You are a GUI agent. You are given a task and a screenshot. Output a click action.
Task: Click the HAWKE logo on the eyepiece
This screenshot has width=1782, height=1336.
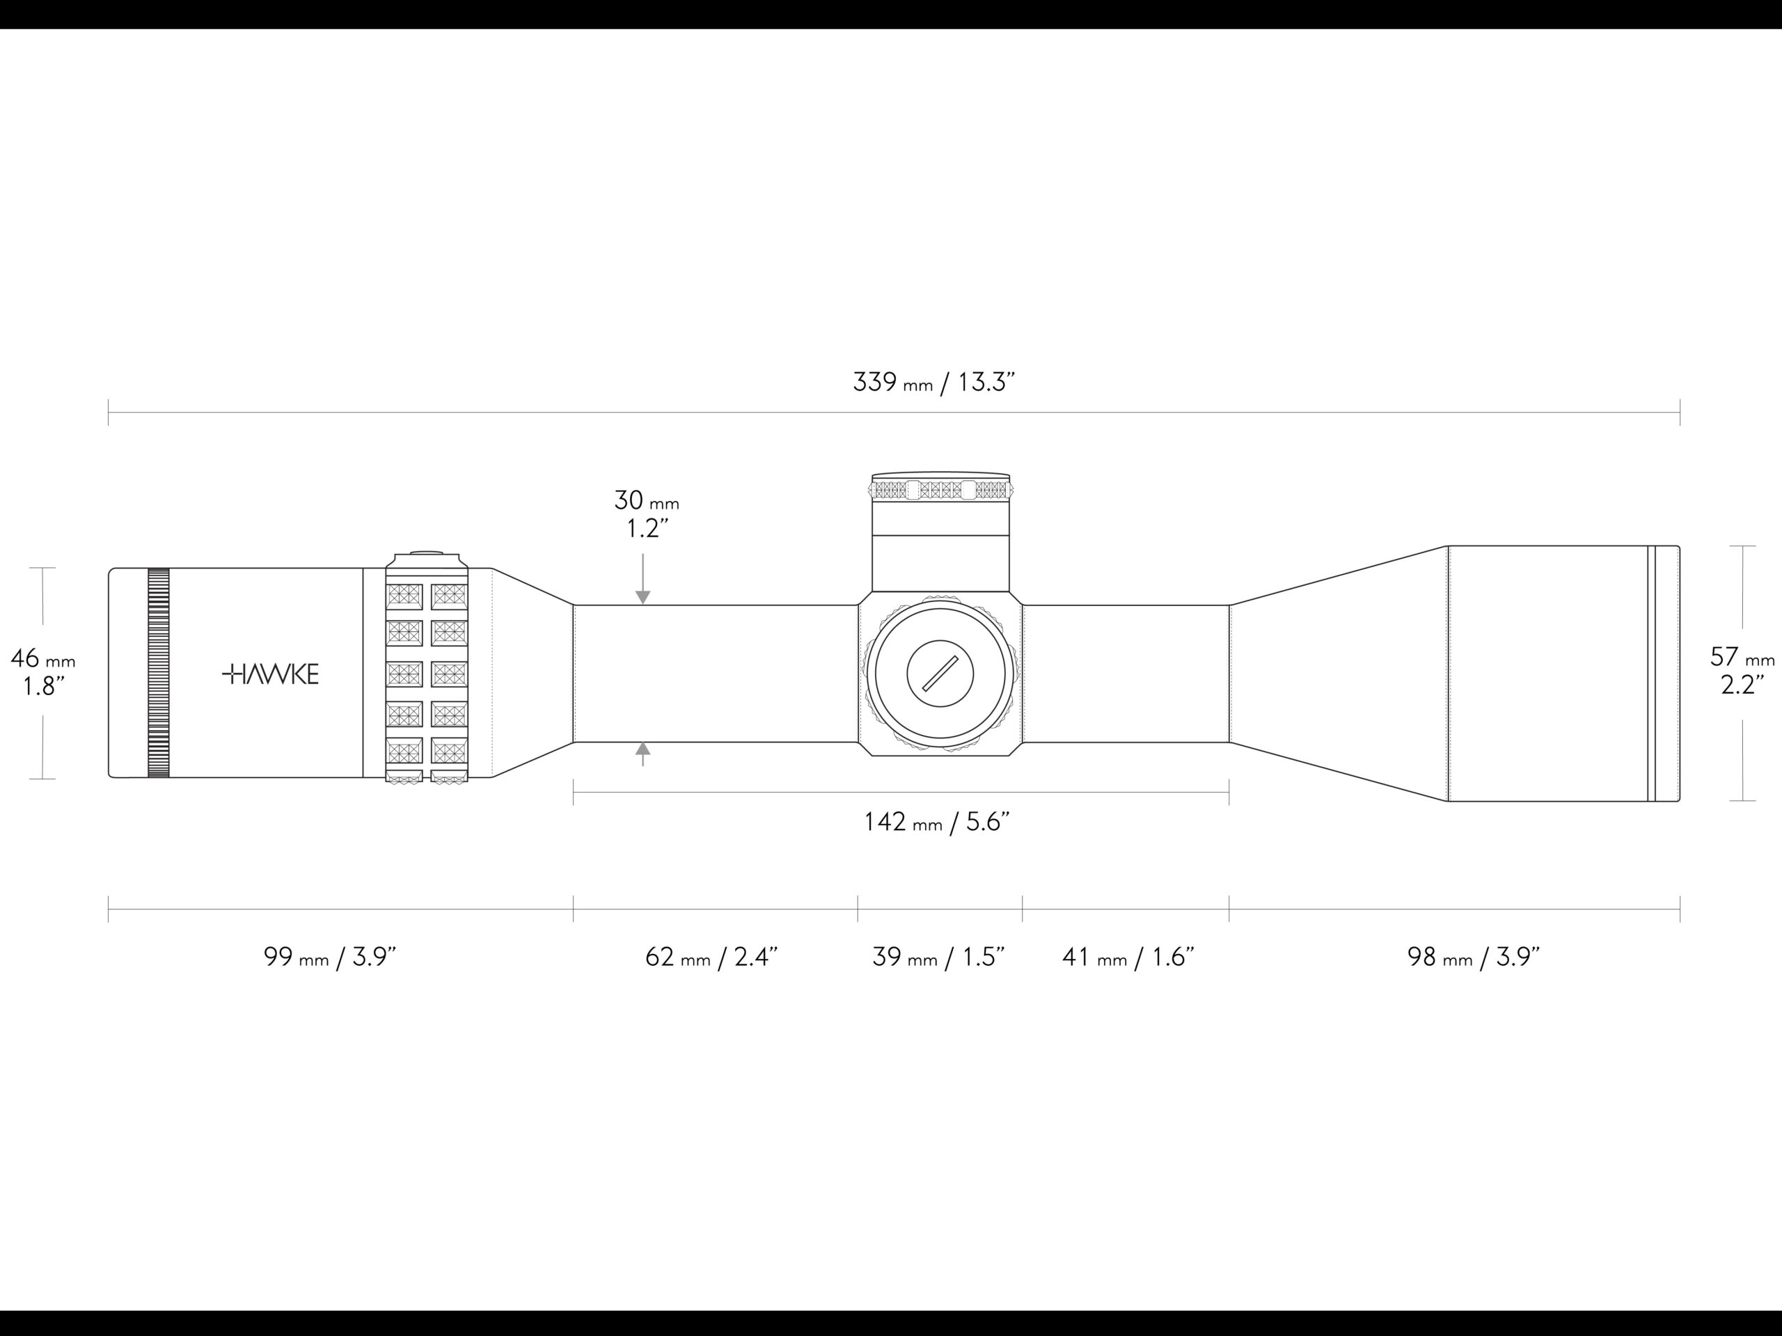coord(271,674)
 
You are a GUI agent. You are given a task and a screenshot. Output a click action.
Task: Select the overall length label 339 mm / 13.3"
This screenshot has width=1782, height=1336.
coord(933,382)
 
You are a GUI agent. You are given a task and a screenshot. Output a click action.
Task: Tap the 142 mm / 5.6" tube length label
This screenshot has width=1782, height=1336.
coord(936,822)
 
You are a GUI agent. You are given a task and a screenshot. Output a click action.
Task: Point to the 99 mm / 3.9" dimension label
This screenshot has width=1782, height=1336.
coord(331,957)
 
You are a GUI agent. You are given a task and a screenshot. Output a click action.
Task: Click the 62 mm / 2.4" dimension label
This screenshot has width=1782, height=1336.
coord(711,957)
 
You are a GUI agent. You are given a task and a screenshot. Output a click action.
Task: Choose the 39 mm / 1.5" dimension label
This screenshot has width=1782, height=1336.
coord(938,957)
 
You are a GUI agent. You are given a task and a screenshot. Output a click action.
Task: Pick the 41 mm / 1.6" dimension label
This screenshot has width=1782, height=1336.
coord(1128,957)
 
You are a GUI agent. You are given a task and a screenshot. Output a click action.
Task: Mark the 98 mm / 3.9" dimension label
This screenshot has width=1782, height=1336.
coord(1474,957)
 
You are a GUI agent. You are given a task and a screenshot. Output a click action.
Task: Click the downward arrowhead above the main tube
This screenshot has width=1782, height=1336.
coord(643,598)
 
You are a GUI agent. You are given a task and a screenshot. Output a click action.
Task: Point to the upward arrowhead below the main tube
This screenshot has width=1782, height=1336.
coord(643,749)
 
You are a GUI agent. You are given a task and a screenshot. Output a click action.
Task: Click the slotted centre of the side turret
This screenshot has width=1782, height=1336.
coord(940,674)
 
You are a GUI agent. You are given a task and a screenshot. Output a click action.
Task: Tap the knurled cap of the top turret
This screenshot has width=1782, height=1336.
coord(940,488)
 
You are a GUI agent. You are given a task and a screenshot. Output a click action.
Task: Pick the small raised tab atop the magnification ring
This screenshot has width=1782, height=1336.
coord(427,553)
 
